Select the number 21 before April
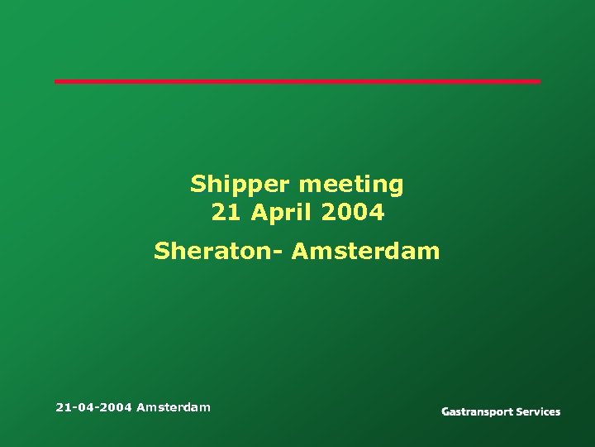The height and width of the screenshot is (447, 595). tap(225, 213)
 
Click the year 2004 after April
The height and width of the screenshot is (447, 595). tap(353, 213)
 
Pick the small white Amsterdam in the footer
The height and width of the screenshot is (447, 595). tap(174, 406)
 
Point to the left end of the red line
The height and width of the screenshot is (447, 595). tap(57, 81)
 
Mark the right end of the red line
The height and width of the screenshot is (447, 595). tap(538, 81)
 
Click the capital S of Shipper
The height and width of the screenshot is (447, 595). tap(198, 184)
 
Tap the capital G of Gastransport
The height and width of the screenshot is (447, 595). tap(446, 411)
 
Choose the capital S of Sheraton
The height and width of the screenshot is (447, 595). tap(161, 250)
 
